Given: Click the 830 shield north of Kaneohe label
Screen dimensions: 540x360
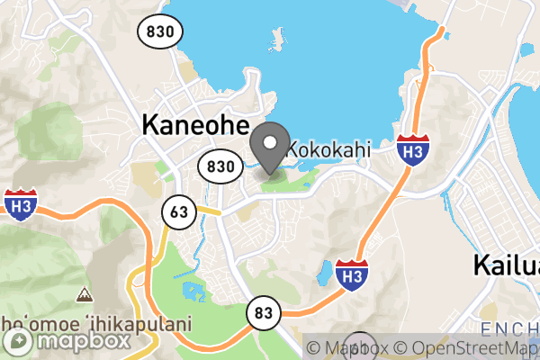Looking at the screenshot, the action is point(161,31).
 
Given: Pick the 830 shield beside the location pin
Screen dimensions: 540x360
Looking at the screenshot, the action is point(220,166).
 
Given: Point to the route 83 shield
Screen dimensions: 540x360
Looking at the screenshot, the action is point(263,312).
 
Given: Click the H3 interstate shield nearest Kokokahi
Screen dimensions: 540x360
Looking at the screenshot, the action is point(412,150).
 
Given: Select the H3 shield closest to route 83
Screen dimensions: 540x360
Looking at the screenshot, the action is point(351,274).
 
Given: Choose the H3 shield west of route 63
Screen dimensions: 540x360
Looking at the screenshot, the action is point(19,205).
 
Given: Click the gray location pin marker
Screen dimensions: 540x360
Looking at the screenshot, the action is point(269,144).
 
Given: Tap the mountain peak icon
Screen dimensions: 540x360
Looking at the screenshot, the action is point(84,294).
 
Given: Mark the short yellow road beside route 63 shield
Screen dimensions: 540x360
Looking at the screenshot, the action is point(209,211).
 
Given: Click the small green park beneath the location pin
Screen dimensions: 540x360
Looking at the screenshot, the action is point(279,177).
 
